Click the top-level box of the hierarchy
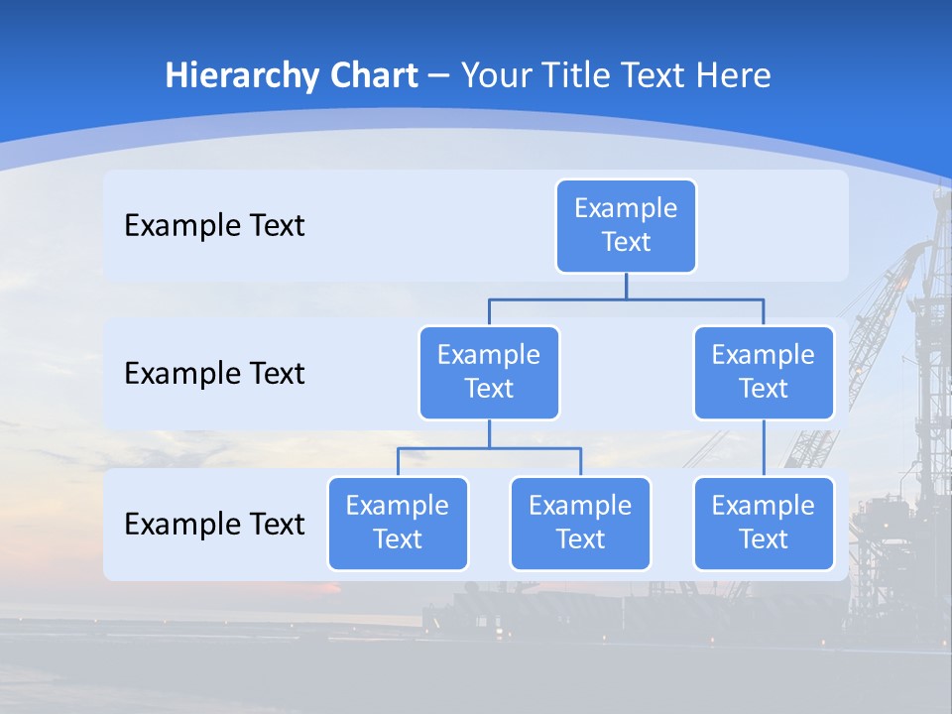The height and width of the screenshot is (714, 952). [626, 225]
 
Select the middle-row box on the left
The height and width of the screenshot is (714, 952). [489, 372]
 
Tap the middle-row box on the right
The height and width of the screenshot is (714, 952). [764, 372]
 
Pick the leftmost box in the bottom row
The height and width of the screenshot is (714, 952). [398, 523]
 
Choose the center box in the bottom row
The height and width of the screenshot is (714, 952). [580, 523]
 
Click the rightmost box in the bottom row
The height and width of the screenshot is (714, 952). [764, 523]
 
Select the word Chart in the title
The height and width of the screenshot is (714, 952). [369, 75]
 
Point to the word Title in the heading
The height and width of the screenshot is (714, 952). [575, 75]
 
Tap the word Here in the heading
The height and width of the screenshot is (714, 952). [733, 75]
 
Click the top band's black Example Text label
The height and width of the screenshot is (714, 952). [214, 225]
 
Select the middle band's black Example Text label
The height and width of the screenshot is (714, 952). [214, 373]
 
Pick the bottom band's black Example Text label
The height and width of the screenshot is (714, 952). [214, 524]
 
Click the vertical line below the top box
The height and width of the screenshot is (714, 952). [626, 286]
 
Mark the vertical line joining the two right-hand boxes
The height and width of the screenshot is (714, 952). [764, 447]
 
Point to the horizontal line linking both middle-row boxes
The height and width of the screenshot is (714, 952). [626, 298]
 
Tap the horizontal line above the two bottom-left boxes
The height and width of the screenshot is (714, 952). [489, 448]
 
